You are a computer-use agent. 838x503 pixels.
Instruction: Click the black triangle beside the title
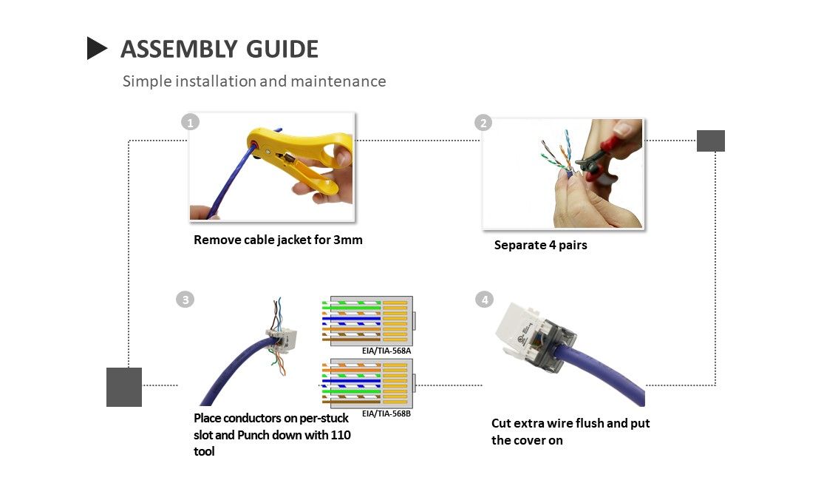(x=96, y=48)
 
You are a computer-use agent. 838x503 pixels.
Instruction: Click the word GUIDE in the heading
(x=282, y=50)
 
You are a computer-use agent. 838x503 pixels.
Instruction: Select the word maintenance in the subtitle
(x=338, y=81)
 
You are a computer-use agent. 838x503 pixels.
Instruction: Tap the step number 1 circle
(x=190, y=122)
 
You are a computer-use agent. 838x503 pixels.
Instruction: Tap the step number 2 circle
(x=483, y=123)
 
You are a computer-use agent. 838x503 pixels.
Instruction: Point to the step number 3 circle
(x=185, y=299)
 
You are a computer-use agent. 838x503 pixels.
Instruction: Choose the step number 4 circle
(x=484, y=299)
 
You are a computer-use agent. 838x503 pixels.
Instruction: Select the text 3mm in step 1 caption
(x=348, y=240)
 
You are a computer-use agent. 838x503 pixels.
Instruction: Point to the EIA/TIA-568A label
(x=386, y=351)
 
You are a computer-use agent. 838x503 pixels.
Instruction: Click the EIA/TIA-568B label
(x=386, y=413)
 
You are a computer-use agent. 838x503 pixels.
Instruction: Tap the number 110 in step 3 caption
(x=341, y=435)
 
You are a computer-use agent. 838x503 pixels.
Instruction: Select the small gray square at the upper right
(x=711, y=141)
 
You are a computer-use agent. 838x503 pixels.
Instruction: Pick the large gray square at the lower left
(x=124, y=387)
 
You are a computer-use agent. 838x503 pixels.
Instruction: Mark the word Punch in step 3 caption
(x=253, y=435)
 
